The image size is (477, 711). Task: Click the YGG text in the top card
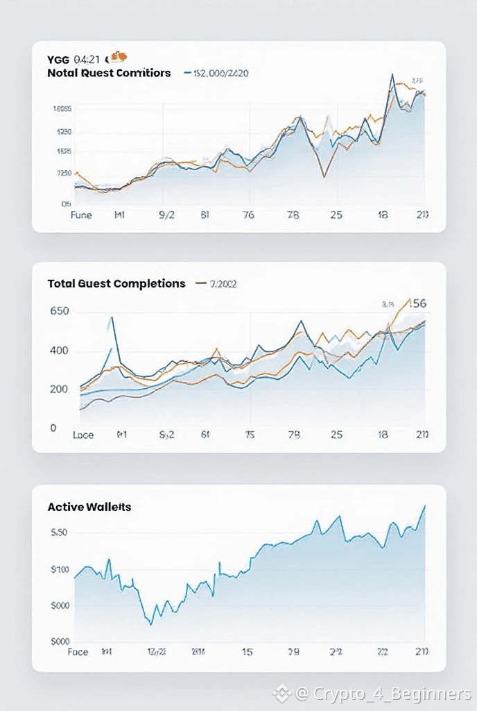point(58,59)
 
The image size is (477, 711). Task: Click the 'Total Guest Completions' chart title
point(116,283)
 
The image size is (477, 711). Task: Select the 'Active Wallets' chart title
point(89,507)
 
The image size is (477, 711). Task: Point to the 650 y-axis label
point(60,311)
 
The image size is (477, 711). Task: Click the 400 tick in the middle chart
point(60,351)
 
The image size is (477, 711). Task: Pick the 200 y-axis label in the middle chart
point(60,389)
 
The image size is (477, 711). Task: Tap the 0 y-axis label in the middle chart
point(53,428)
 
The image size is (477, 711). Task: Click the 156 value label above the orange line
point(417,303)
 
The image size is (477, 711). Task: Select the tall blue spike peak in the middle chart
point(112,318)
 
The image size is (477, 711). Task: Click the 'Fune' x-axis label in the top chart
point(81,215)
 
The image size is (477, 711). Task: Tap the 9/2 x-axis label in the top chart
point(167,215)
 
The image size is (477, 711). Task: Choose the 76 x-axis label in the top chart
point(248,215)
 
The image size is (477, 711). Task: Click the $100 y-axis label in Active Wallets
point(60,570)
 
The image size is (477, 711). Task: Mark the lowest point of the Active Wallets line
point(150,624)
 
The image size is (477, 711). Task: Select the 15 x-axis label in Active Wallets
point(248,652)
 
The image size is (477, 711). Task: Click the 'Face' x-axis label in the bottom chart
point(78,652)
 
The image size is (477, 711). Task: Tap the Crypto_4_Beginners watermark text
point(392,693)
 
